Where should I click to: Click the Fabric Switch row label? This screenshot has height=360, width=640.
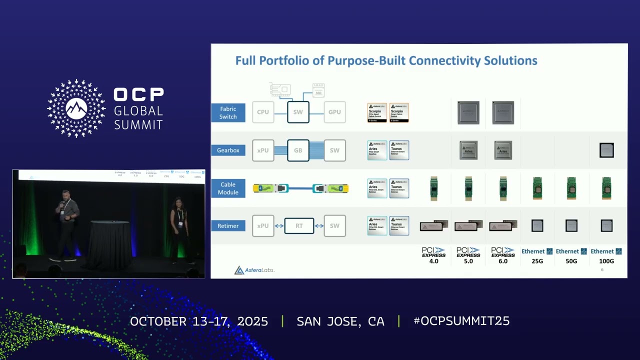click(228, 112)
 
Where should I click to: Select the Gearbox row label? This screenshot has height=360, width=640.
click(228, 150)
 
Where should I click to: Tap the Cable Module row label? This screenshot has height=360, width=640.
click(228, 188)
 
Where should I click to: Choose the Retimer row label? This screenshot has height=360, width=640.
click(228, 226)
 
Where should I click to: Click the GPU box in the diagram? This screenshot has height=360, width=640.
click(334, 112)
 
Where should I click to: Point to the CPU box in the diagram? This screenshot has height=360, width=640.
click(263, 112)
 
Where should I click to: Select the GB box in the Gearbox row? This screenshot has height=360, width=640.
click(298, 150)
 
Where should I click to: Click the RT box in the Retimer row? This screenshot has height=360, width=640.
click(299, 226)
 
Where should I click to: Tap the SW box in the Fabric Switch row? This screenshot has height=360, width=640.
click(298, 112)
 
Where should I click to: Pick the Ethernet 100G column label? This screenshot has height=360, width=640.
click(606, 255)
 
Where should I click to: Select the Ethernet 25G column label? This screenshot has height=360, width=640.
click(537, 255)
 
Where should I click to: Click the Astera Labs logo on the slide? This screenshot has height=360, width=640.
click(254, 270)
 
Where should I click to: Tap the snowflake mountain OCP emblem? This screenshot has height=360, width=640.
click(76, 108)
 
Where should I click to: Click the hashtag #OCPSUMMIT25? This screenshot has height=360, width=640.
click(461, 321)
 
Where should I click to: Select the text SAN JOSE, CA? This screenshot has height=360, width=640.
click(340, 321)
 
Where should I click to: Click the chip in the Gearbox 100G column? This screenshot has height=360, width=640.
click(606, 150)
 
